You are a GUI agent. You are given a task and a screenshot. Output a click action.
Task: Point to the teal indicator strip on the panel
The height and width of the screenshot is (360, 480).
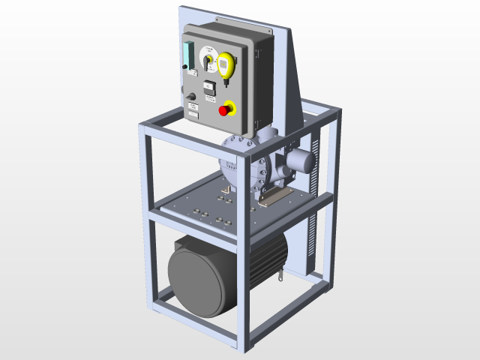[x=187, y=56]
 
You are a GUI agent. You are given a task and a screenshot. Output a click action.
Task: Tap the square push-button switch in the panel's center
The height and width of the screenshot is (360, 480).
[x=209, y=87]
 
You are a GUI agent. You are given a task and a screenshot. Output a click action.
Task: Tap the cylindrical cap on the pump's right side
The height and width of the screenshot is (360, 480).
[x=301, y=160]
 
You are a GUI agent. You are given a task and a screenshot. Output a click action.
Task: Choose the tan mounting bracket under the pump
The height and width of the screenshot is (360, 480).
[x=278, y=194]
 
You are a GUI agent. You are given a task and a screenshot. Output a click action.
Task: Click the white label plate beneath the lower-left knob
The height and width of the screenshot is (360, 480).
[x=193, y=109]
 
